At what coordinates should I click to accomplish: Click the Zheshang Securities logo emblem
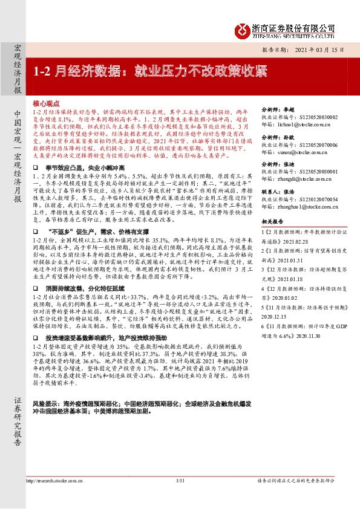pyautogui.click(x=242, y=28)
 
